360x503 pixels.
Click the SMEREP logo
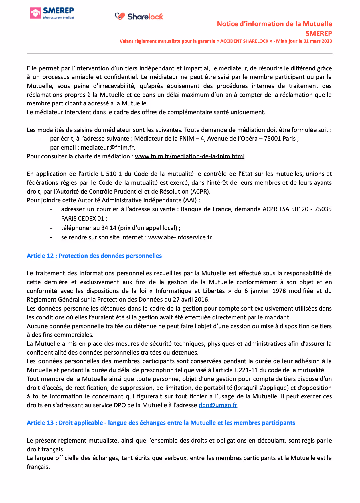pos(52,13)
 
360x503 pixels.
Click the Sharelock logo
pos(139,17)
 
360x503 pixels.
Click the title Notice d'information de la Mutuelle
pos(274,24)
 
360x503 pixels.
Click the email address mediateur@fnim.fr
pos(108,148)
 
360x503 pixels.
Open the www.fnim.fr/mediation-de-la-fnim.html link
pos(189,156)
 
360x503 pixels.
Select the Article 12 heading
pos(94,256)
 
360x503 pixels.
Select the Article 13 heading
pos(161,423)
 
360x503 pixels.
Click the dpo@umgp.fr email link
pos(218,405)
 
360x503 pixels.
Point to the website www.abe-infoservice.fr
pos(180,237)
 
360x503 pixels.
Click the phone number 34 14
pos(109,228)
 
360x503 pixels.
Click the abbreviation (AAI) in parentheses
pos(189,200)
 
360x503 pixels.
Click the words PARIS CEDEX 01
pos(82,219)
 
